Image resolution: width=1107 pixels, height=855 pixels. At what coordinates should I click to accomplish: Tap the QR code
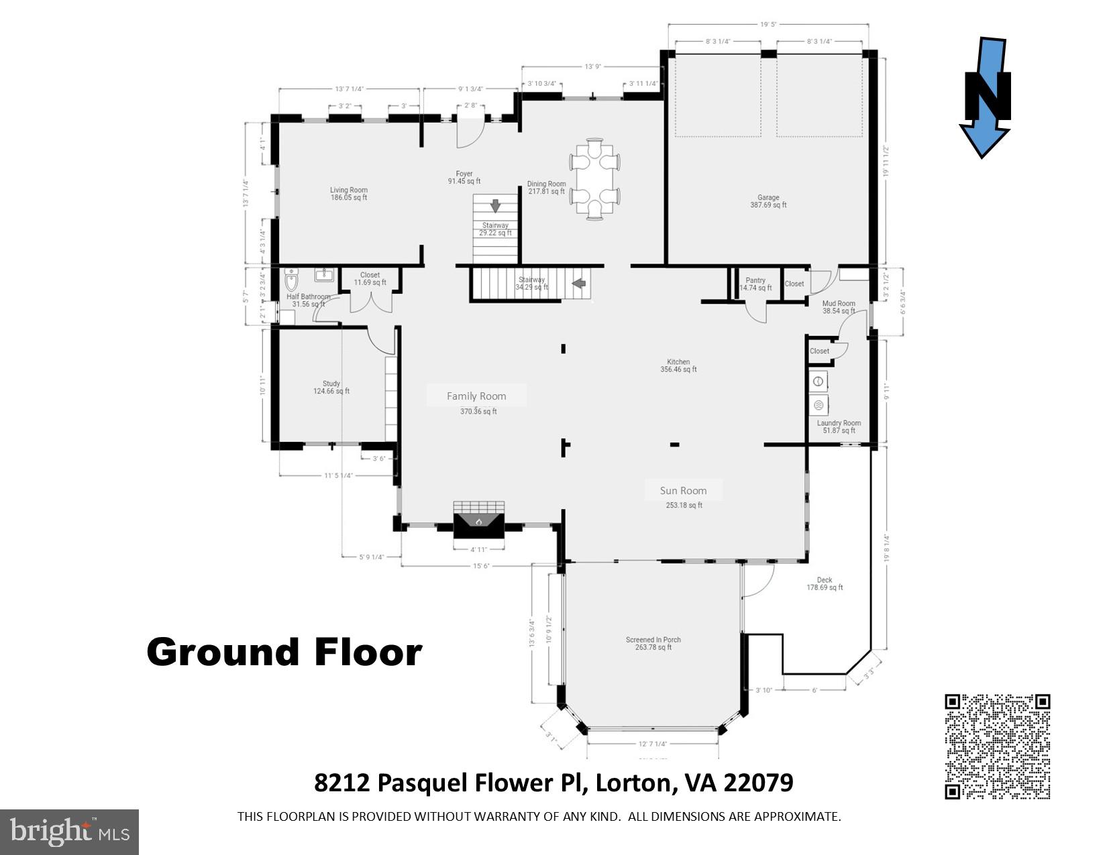997,746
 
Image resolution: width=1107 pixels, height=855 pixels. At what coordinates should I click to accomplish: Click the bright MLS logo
69,832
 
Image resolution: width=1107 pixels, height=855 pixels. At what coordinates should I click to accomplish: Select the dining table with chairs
594,179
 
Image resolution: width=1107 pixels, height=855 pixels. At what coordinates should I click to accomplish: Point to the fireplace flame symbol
478,521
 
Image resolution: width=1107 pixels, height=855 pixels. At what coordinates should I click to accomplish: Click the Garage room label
768,201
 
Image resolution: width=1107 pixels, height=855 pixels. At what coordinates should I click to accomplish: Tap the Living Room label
348,194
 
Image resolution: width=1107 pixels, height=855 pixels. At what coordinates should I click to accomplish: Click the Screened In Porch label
653,643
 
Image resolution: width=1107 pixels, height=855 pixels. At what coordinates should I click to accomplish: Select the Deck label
825,583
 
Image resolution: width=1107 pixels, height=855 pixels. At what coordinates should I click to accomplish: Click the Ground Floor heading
284,652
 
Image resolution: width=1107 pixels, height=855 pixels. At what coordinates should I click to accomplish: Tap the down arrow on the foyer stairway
495,206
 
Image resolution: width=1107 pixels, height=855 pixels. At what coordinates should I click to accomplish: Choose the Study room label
331,388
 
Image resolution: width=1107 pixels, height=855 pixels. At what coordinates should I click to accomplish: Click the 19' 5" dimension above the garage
768,25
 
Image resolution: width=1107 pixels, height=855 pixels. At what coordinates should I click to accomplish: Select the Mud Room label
839,307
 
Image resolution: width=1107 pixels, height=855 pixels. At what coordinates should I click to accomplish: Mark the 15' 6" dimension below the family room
481,566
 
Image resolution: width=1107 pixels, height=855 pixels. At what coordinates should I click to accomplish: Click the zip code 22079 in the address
758,783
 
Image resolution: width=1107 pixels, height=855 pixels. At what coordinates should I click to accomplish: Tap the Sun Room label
683,491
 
